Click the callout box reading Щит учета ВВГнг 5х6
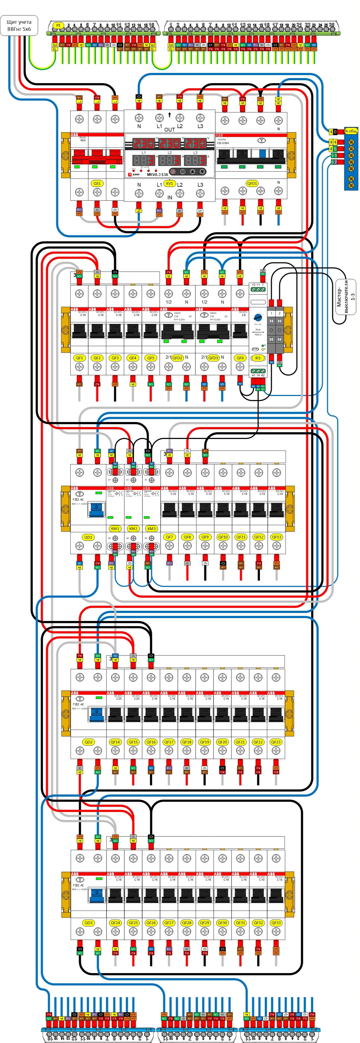(x=19, y=25)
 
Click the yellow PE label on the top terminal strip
(x=58, y=25)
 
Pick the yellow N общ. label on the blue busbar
(x=351, y=131)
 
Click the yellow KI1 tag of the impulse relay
(x=258, y=358)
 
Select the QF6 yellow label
(x=240, y=358)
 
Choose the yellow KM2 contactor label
(x=133, y=528)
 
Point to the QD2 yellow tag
(x=88, y=742)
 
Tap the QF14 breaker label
(x=115, y=742)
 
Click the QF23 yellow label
(x=276, y=742)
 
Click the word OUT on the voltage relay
(x=169, y=130)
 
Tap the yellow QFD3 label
(x=213, y=358)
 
